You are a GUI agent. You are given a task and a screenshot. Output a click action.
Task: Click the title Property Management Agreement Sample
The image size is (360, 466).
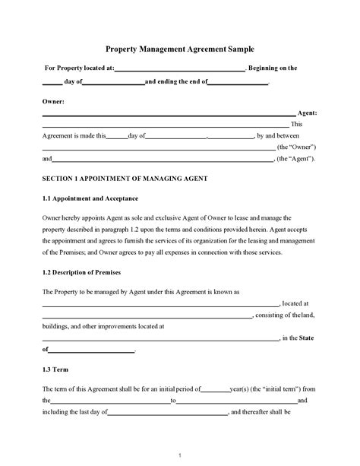pos(179,48)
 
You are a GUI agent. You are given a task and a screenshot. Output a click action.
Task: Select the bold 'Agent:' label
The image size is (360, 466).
pos(307,113)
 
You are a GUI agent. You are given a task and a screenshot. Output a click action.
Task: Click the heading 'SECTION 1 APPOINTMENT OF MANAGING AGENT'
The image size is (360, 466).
pos(125,179)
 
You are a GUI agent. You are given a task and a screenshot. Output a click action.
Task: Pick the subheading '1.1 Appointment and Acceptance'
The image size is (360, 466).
pos(90,198)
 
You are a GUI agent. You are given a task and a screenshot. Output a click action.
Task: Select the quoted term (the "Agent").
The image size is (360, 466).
pos(297,159)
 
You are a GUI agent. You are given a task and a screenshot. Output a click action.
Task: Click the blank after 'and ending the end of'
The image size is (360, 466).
pos(238,83)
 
